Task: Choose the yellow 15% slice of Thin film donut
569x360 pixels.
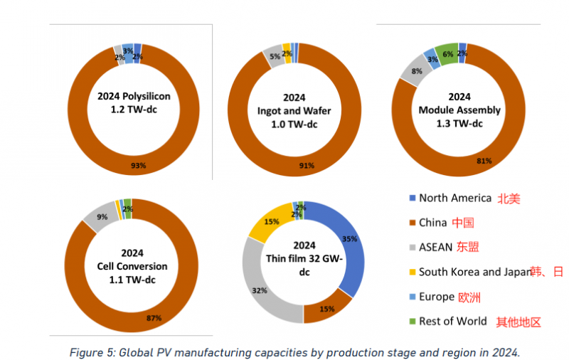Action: [x=272, y=222]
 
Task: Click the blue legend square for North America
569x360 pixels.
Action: [x=413, y=198]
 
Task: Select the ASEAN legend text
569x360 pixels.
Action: [x=436, y=247]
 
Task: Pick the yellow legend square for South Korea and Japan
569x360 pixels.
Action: [x=413, y=272]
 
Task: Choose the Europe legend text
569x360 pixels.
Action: [x=436, y=297]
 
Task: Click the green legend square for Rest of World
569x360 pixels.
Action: [x=413, y=321]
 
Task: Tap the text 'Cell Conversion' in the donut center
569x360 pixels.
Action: [x=132, y=266]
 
